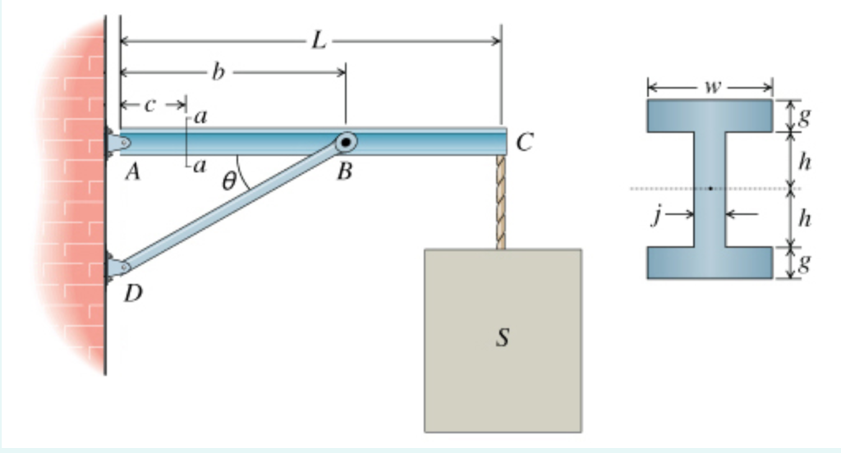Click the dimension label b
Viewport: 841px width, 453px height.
tap(218, 72)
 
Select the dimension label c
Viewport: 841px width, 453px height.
tap(149, 104)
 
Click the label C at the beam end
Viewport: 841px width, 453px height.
tap(526, 143)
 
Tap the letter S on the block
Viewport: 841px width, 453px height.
tap(503, 337)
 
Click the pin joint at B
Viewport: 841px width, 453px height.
tap(347, 143)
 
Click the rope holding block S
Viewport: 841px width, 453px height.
tap(500, 201)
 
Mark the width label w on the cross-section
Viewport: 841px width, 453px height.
tap(711, 85)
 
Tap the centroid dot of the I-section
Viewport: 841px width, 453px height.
tap(710, 189)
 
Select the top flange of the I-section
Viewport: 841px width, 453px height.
tap(710, 116)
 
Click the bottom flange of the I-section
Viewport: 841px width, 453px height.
tap(710, 262)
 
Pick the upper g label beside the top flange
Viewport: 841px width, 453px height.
tap(806, 116)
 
